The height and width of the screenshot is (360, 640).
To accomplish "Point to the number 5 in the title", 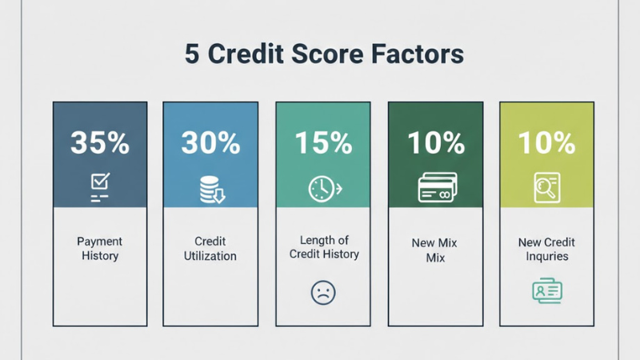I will [x=192, y=55].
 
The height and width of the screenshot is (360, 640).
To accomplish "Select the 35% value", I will [x=99, y=143].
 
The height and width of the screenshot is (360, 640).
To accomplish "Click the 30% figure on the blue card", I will [x=210, y=143].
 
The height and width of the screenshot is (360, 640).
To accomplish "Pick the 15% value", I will [x=323, y=143].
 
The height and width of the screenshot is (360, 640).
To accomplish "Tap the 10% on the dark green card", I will [x=435, y=143].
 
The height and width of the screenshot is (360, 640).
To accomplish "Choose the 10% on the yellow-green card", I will [x=546, y=143].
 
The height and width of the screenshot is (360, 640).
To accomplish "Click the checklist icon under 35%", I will [x=100, y=189].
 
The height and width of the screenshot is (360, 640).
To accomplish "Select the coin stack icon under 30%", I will [x=211, y=189].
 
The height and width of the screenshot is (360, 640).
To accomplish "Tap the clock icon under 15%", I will [x=323, y=189].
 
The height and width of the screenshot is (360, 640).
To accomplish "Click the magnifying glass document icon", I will [x=547, y=189].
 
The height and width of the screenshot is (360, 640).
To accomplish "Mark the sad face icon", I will [x=323, y=291].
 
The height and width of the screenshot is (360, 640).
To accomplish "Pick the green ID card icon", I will [x=547, y=291].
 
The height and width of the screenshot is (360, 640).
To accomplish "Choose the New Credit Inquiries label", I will [x=547, y=249].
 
